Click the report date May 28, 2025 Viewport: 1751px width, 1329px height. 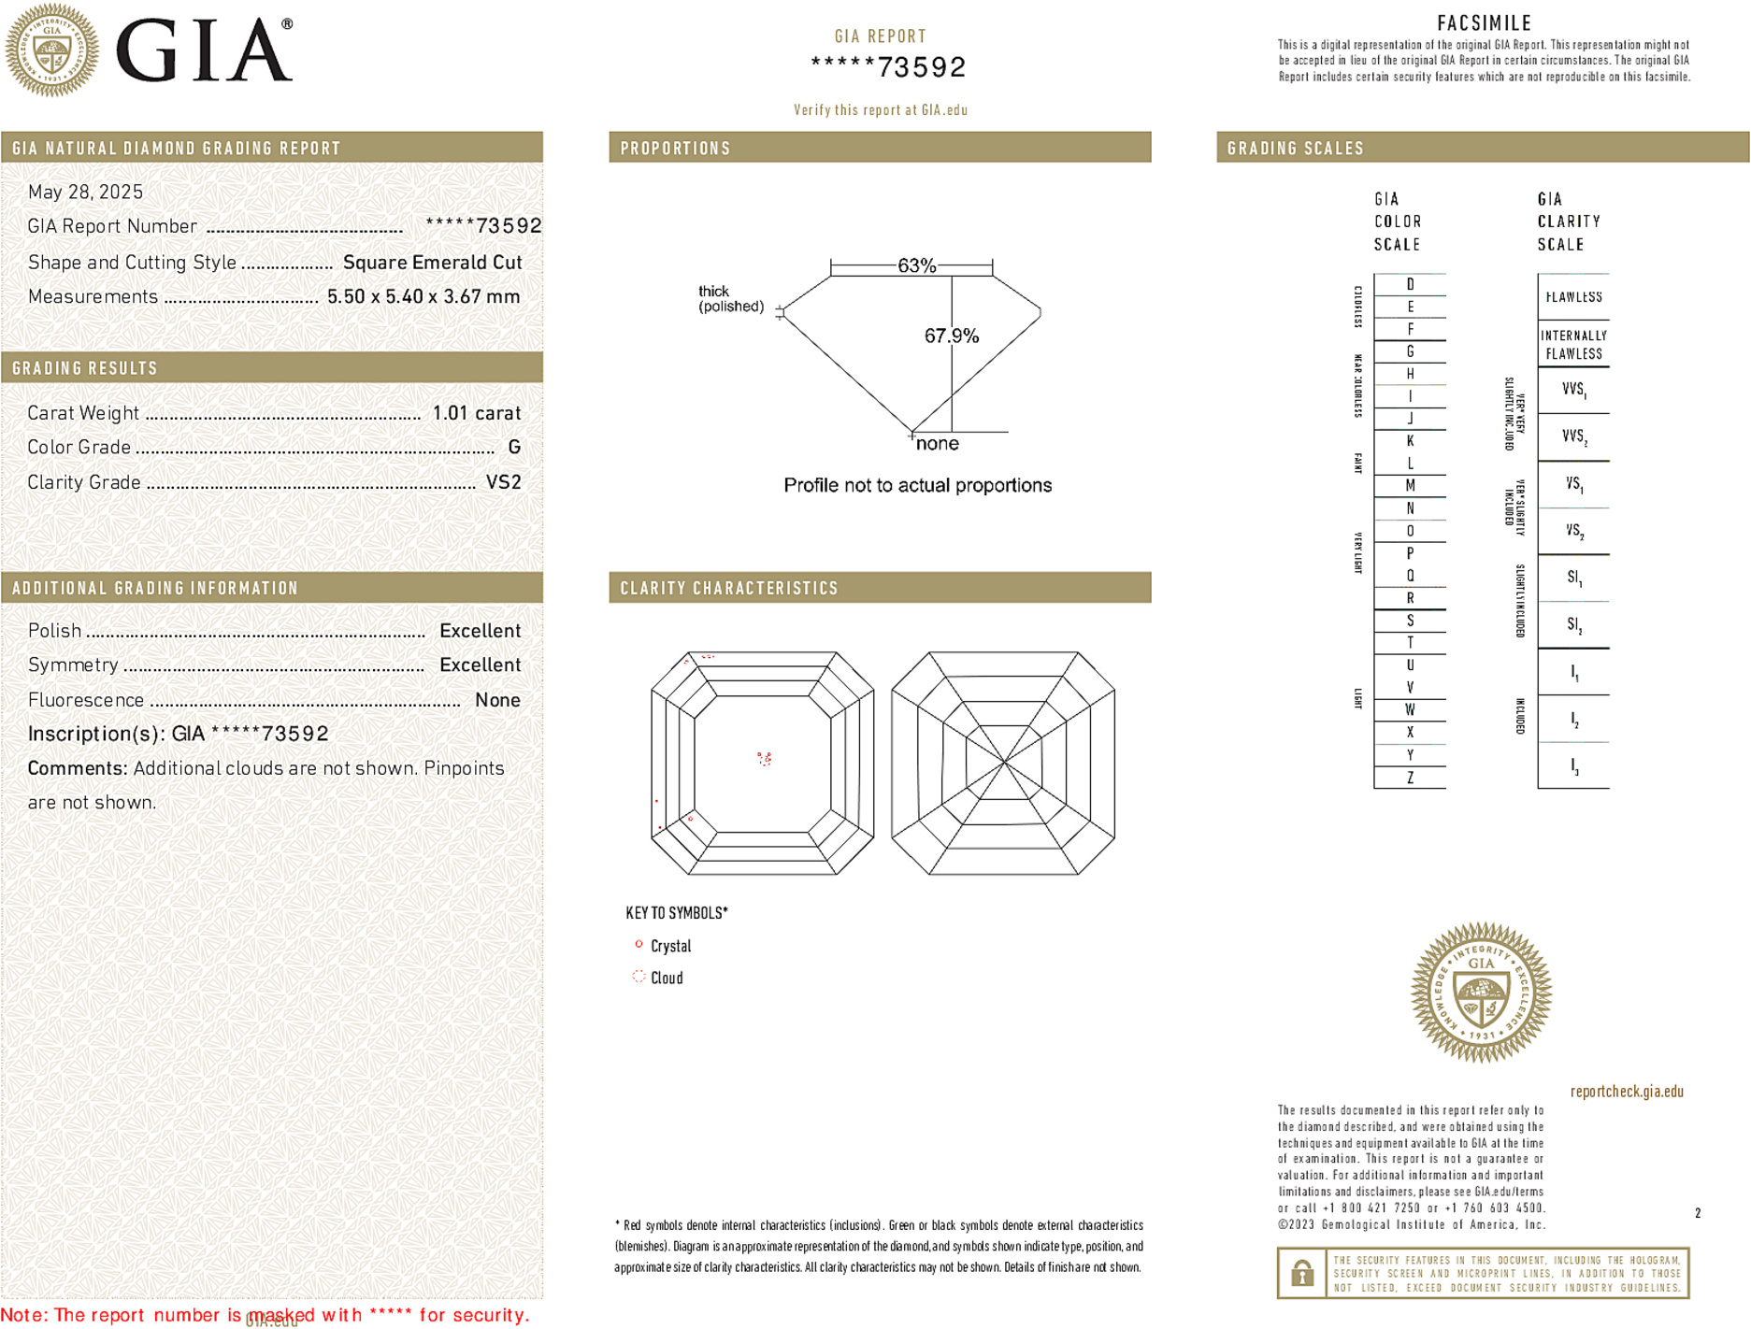point(85,192)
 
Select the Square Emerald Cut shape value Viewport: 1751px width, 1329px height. point(432,263)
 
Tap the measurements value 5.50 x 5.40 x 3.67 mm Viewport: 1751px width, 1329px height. point(423,297)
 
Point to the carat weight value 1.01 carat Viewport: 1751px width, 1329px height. point(476,413)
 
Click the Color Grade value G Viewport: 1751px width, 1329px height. point(514,448)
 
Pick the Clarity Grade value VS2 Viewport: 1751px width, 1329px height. point(503,482)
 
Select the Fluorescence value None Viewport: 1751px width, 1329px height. point(497,700)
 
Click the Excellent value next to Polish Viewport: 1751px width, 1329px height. point(480,631)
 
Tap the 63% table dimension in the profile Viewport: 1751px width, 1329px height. point(916,265)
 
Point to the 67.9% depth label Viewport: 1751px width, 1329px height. point(951,336)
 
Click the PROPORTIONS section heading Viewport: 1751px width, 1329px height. point(675,149)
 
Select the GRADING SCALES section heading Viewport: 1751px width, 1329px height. point(1295,149)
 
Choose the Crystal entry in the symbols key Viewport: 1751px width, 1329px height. point(670,946)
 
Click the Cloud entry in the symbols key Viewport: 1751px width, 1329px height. point(667,978)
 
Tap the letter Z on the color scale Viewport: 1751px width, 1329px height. point(1410,778)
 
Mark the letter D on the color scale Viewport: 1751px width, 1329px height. point(1410,284)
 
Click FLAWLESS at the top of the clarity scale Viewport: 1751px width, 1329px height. point(1573,297)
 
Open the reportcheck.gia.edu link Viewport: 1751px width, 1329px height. point(1627,1091)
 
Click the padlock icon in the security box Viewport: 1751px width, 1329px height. point(1301,1273)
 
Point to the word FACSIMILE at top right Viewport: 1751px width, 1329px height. point(1484,23)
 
